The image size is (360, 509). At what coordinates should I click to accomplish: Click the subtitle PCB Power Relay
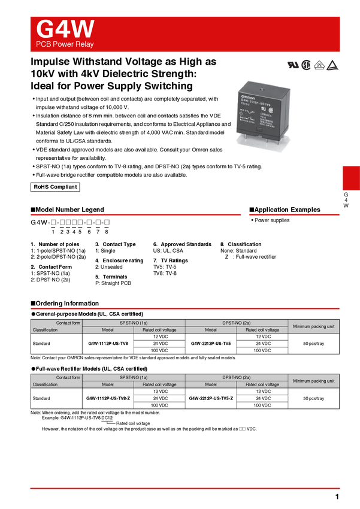[65, 44]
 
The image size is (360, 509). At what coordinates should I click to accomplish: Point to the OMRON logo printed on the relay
[248, 96]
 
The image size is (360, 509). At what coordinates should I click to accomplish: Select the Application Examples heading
[287, 210]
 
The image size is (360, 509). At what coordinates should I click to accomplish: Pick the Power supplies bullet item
[271, 220]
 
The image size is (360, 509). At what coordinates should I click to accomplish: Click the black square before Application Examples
[252, 210]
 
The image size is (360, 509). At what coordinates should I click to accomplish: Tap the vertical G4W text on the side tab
[346, 200]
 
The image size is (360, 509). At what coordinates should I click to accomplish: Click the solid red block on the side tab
[350, 178]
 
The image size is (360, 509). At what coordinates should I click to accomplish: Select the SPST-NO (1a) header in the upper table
[134, 323]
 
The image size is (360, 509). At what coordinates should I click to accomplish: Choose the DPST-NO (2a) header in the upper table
[237, 323]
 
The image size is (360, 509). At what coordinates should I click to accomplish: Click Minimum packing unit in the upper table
[313, 326]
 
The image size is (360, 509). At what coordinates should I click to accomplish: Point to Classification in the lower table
[45, 384]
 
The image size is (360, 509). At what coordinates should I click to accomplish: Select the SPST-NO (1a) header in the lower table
[134, 377]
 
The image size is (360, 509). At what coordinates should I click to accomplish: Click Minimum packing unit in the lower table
[313, 381]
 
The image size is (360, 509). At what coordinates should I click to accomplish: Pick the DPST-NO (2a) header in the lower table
[237, 377]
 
